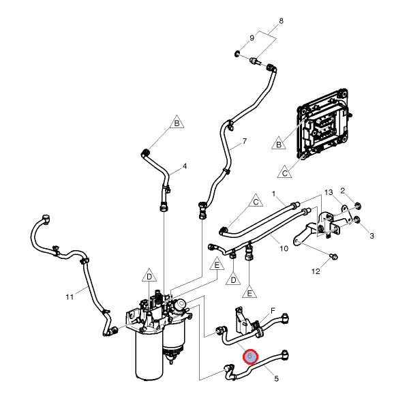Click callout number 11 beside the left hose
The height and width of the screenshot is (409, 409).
point(69,297)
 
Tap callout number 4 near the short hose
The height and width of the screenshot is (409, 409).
point(184,166)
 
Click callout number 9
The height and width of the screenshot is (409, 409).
point(252,37)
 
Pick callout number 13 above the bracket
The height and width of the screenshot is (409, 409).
point(327,193)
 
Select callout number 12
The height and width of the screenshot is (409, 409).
point(316,271)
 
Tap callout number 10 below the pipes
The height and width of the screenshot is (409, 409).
point(284,248)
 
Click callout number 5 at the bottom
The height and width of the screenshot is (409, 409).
point(277,378)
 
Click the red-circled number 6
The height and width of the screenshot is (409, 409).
point(250,357)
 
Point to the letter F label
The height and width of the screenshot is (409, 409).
point(273,311)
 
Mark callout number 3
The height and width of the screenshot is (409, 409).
point(372,236)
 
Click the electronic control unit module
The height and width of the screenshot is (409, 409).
point(324,126)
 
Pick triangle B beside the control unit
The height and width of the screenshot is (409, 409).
point(278,144)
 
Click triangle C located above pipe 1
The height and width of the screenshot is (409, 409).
point(256,202)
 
